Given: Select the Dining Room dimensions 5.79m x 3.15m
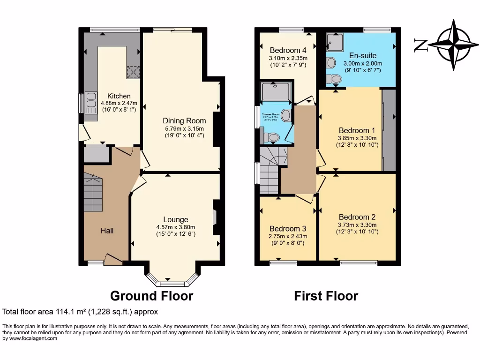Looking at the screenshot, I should point(184,128).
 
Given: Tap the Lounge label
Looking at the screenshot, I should point(176,219).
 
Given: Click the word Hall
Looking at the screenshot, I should point(107,230).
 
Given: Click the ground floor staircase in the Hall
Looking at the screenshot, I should point(93,192).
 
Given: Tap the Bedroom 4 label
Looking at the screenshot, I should point(288,51).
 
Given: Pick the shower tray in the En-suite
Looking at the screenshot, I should point(335,43).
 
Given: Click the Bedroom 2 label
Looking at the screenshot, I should point(357,217).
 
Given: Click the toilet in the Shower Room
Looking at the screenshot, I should point(271,137).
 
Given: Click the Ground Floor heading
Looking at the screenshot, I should point(151,296).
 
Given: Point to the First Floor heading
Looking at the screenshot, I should point(326,296).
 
